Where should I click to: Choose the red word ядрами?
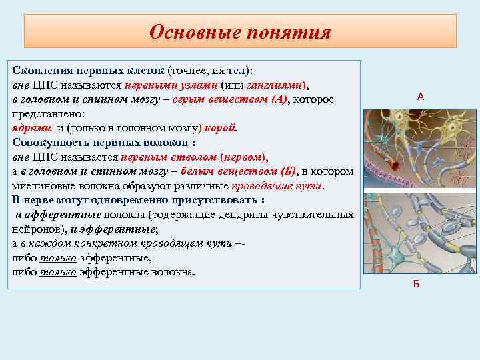30,127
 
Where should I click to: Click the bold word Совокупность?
50,141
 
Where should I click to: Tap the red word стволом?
204,157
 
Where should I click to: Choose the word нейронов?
35,228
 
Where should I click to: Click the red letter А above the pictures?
420,97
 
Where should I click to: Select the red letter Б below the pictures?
417,285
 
